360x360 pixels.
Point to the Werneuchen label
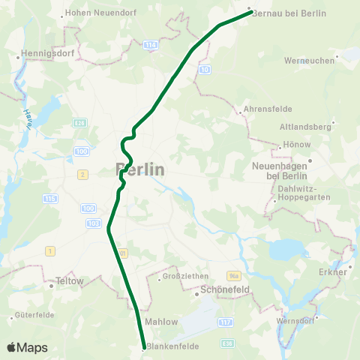tap(310, 60)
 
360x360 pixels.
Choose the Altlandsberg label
tap(304, 127)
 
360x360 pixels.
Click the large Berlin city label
tap(140, 169)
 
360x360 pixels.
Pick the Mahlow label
tap(161, 322)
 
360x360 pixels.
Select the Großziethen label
tap(182, 277)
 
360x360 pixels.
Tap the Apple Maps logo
tap(28, 347)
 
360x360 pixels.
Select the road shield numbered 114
tap(152, 45)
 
